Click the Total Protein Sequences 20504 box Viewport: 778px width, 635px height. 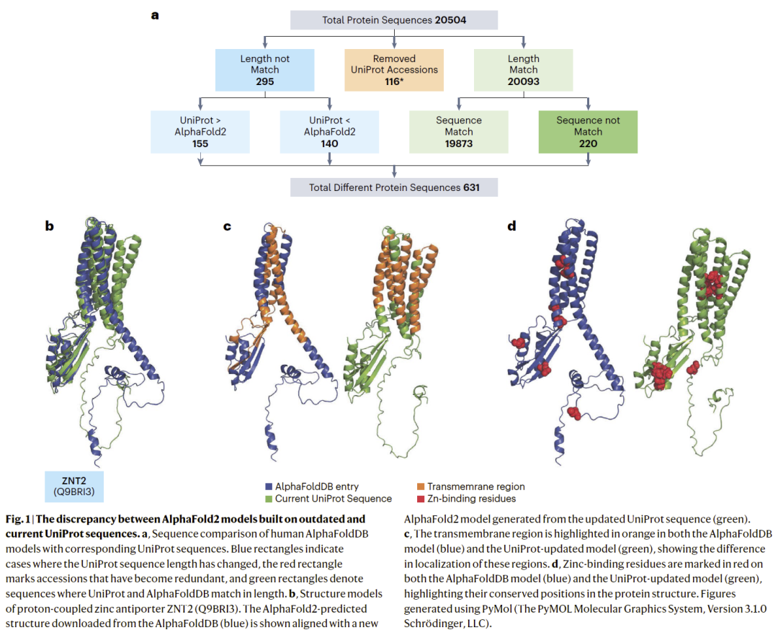[394, 19]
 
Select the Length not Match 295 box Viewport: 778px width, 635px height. [264, 70]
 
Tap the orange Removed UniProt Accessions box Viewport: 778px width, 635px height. [394, 70]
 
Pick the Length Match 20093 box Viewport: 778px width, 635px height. [523, 70]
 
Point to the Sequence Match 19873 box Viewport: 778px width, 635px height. [459, 131]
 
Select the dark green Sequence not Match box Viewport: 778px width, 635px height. [588, 131]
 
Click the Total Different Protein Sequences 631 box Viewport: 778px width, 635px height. [394, 188]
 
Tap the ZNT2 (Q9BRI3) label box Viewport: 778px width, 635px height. [73, 487]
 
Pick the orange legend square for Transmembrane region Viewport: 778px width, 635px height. [421, 487]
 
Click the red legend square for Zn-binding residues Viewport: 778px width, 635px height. [421, 499]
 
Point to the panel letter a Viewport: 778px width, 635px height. [155, 14]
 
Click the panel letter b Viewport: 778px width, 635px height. [49, 226]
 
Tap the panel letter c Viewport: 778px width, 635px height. [227, 226]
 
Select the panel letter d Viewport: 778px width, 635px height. [512, 226]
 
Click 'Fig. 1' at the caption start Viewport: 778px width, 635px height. [17, 519]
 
